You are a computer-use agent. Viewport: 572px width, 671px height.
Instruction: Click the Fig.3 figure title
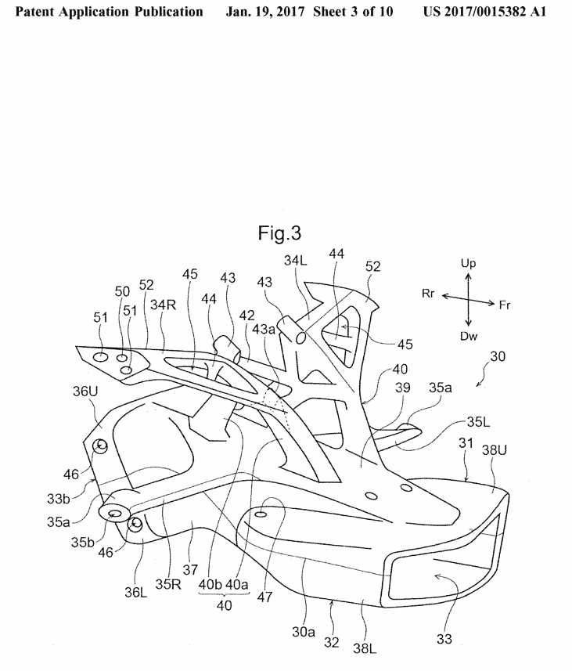279,233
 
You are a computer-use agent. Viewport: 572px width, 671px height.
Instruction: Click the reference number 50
122,291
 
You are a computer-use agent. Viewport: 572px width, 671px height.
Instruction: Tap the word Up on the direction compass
468,264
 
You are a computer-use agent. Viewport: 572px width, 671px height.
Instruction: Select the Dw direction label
468,336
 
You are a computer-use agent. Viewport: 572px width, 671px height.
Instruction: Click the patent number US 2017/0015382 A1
484,13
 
